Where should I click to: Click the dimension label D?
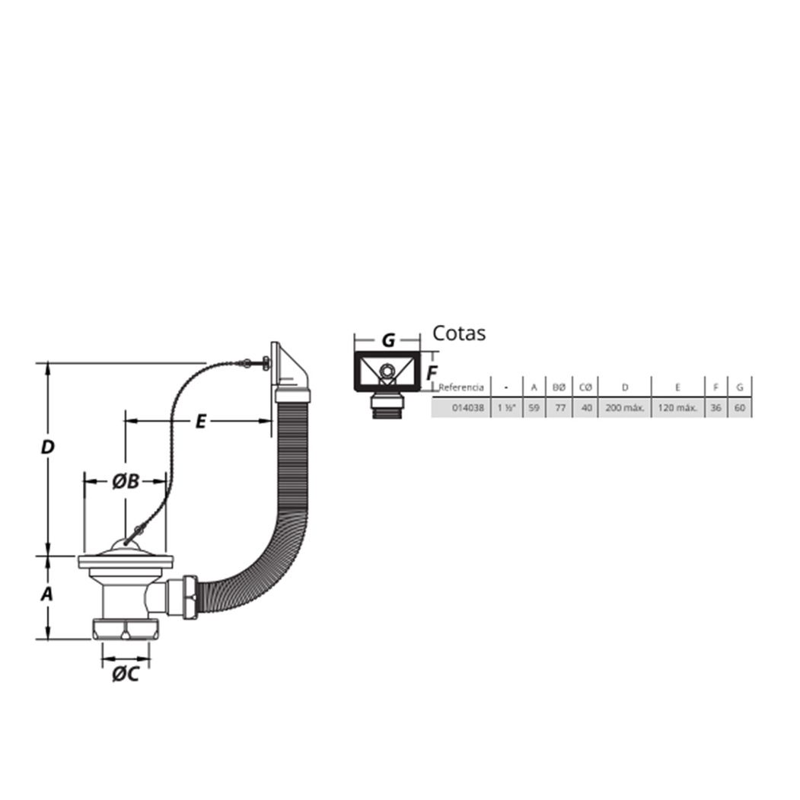[47, 448]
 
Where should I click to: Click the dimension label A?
[47, 594]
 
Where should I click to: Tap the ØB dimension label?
[126, 481]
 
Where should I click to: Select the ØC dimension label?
[126, 674]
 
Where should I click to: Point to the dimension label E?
[201, 422]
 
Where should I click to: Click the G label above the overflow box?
[388, 340]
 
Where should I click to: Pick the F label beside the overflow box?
[432, 374]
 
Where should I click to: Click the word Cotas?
[459, 333]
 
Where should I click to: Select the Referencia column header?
[461, 387]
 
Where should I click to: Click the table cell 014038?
[468, 408]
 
